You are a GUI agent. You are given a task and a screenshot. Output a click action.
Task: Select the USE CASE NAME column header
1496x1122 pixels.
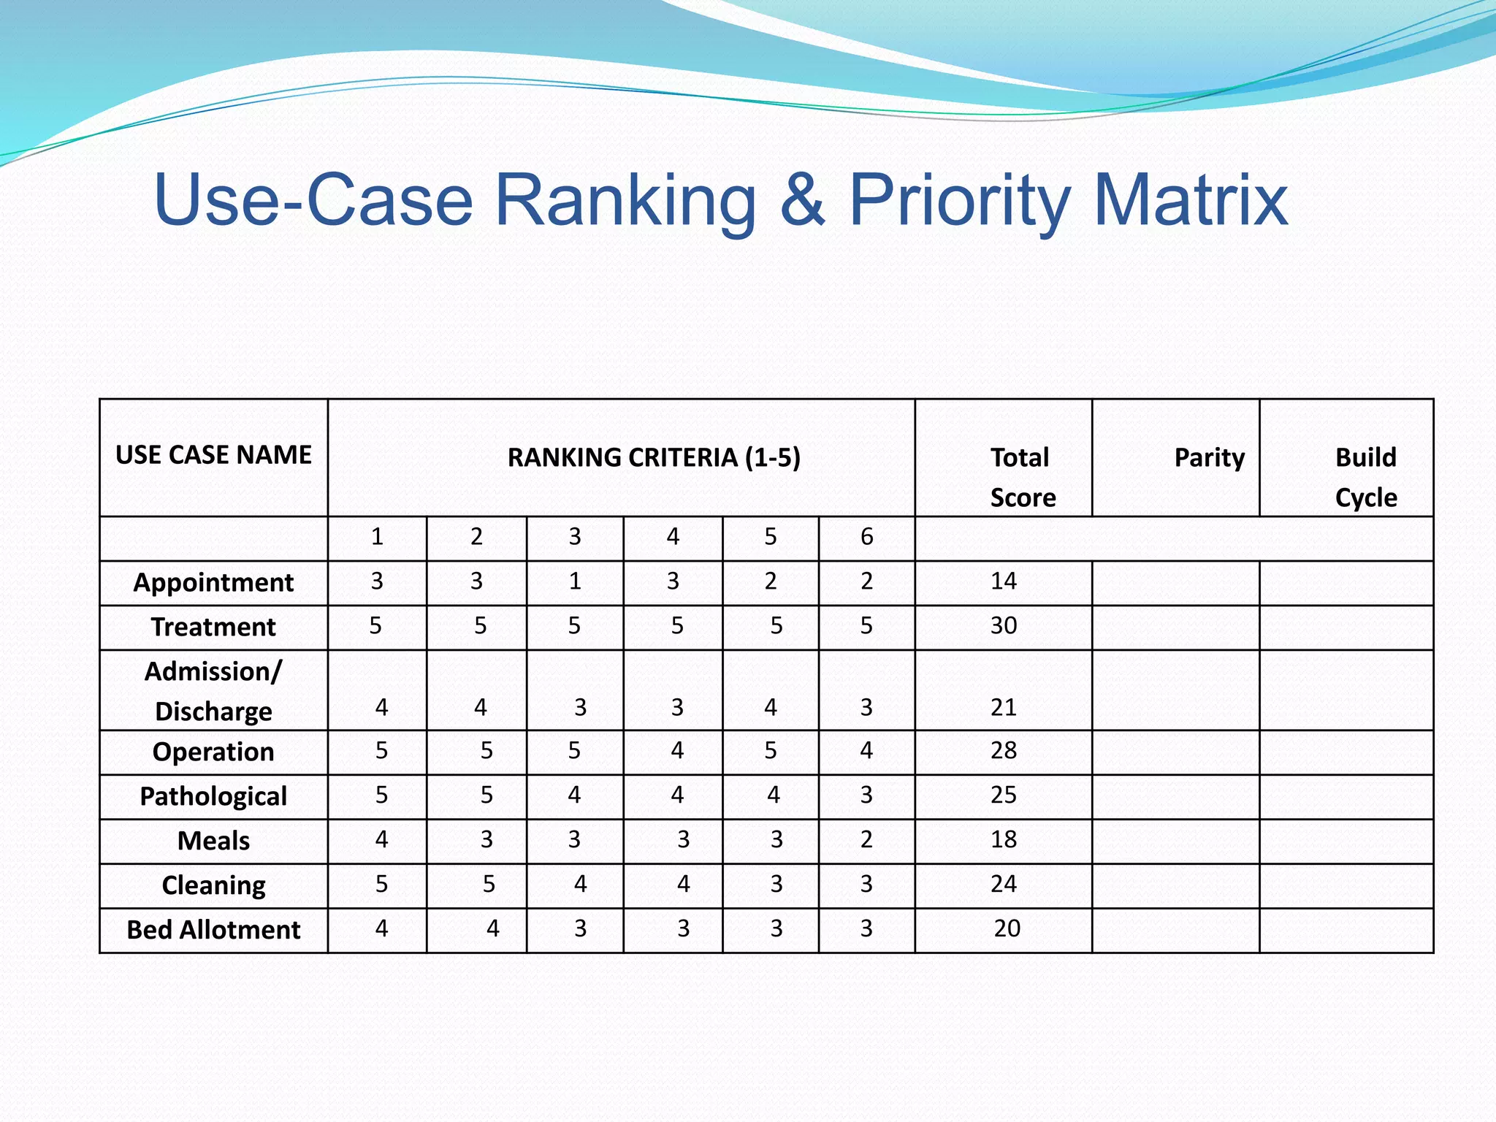213,455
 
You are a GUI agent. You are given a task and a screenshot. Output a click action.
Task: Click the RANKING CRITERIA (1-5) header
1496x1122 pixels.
654,458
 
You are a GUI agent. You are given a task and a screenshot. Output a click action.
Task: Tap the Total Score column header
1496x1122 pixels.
1021,477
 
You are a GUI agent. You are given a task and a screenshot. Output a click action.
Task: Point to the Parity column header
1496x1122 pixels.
1209,458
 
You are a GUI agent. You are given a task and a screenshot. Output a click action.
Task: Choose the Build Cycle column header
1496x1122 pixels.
1365,477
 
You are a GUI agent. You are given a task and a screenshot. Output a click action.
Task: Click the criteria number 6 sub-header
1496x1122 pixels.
866,538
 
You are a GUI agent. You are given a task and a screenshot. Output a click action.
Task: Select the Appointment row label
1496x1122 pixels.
213,583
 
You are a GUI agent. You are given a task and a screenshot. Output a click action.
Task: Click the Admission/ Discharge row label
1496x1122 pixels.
213,691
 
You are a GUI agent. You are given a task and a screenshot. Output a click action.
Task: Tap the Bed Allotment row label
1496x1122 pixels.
213,930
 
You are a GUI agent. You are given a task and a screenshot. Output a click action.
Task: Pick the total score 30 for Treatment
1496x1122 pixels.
1004,626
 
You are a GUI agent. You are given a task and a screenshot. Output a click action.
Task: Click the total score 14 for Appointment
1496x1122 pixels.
1004,581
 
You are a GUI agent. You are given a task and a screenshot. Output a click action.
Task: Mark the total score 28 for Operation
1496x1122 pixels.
1004,751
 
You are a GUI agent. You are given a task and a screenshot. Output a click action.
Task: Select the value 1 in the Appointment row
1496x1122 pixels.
575,581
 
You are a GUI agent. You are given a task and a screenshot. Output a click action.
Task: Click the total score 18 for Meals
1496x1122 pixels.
1004,840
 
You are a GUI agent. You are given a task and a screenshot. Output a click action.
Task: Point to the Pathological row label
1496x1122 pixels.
213,796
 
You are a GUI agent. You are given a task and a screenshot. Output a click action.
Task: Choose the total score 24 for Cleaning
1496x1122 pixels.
1004,885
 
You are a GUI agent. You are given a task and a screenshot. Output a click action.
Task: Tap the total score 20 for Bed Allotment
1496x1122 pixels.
1007,929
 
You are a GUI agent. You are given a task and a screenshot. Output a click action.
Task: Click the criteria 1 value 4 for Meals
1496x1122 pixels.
381,840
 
